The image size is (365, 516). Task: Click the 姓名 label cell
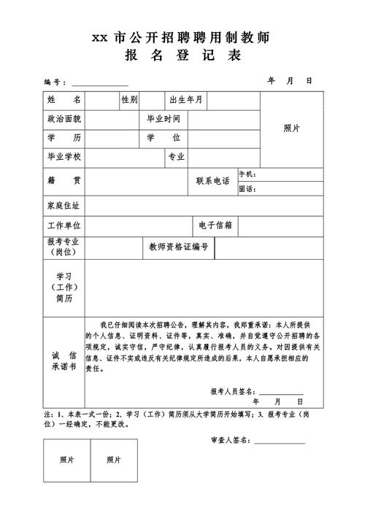tap(64, 99)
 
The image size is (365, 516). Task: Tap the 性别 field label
tap(129, 99)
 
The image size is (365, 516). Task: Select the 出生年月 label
tap(186, 99)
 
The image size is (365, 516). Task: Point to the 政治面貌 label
tap(64, 118)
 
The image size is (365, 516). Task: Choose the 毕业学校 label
tap(64, 157)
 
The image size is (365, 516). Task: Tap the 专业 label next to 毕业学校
tap(176, 157)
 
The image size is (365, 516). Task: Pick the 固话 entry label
tap(247, 189)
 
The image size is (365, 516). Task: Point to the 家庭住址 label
tap(64, 207)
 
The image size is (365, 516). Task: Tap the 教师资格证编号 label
tap(179, 247)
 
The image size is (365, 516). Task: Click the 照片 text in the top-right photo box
tap(291, 128)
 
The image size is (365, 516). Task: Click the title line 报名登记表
tap(182, 56)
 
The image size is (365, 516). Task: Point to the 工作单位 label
tap(64, 226)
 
